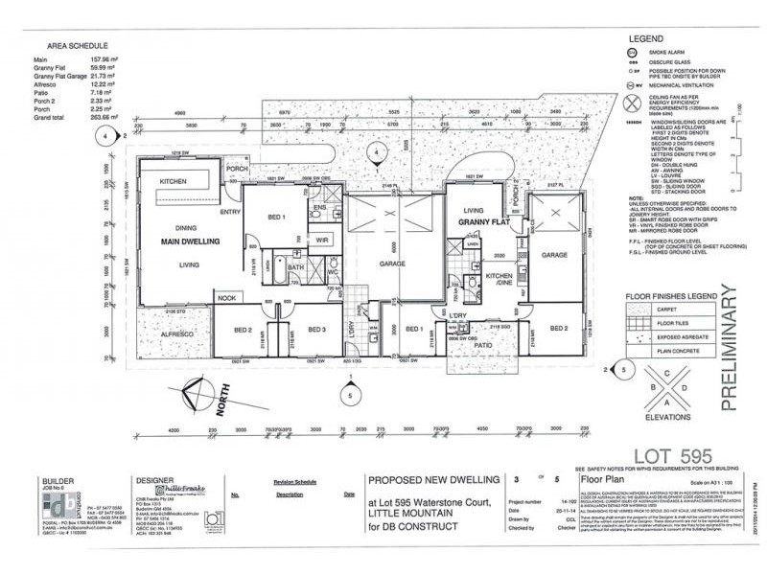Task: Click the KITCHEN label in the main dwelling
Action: pyautogui.click(x=173, y=181)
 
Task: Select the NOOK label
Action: pyautogui.click(x=225, y=299)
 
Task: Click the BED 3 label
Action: pyautogui.click(x=317, y=329)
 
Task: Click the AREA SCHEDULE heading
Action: pyautogui.click(x=78, y=45)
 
